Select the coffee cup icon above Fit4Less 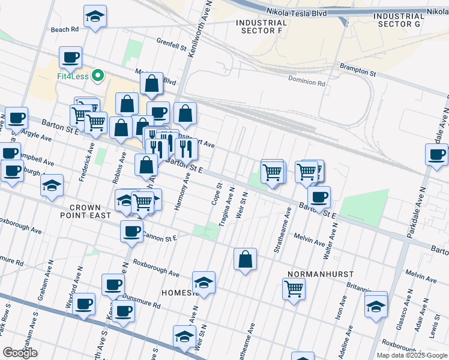click(x=70, y=58)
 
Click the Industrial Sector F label click(x=259, y=26)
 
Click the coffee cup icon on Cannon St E click(x=131, y=231)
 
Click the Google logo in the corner click(x=20, y=353)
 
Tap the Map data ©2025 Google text click(x=411, y=355)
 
